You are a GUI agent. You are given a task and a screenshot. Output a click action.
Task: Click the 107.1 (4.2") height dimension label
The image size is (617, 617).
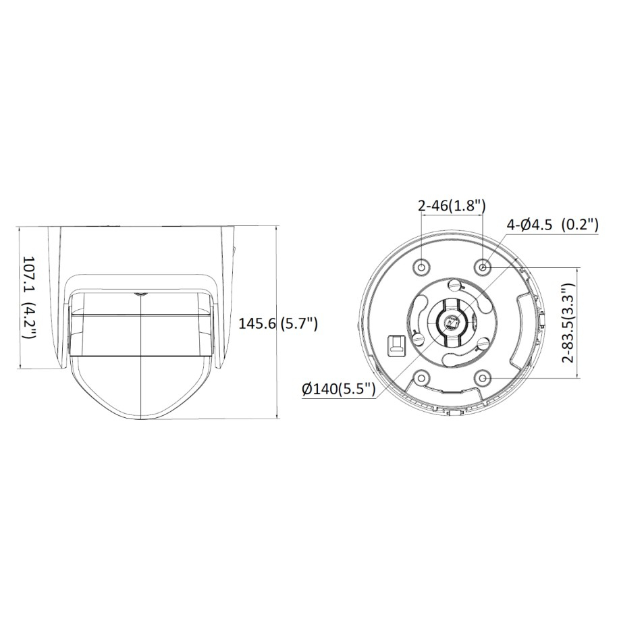30,298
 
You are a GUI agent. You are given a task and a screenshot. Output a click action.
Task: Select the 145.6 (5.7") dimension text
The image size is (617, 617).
278,324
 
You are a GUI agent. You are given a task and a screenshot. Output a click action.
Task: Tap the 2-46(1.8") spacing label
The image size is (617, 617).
452,206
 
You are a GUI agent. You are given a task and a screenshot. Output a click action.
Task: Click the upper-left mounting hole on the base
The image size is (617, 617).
421,267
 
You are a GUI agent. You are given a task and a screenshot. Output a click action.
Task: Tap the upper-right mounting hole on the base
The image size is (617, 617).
483,267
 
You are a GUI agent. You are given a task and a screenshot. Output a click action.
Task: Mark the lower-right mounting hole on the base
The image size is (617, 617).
483,378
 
